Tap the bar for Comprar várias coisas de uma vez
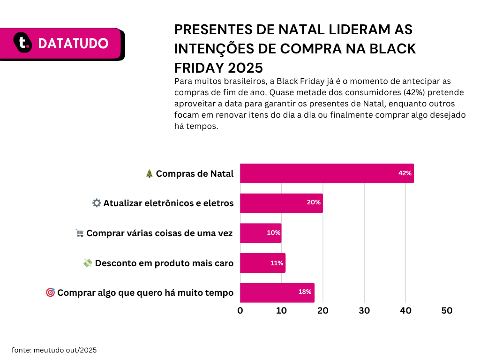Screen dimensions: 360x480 click(x=261, y=233)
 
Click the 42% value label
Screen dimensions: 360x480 click(x=405, y=173)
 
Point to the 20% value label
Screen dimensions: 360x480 click(x=314, y=202)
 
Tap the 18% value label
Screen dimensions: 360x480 click(x=305, y=292)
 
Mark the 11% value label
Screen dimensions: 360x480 click(x=277, y=263)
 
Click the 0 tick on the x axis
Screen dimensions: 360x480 click(x=240, y=310)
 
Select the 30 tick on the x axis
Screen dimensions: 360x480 click(x=364, y=310)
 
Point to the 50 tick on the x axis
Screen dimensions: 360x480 click(x=447, y=310)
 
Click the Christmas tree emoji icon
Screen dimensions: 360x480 click(x=149, y=173)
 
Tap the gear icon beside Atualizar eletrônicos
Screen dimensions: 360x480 click(x=97, y=203)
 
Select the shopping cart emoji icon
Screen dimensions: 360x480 click(x=79, y=233)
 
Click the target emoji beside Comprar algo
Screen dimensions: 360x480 click(x=50, y=292)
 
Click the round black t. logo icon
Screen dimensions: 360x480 click(x=22, y=43)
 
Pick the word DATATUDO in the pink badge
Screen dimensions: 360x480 click(x=73, y=44)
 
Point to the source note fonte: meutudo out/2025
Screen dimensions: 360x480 click(x=54, y=350)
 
